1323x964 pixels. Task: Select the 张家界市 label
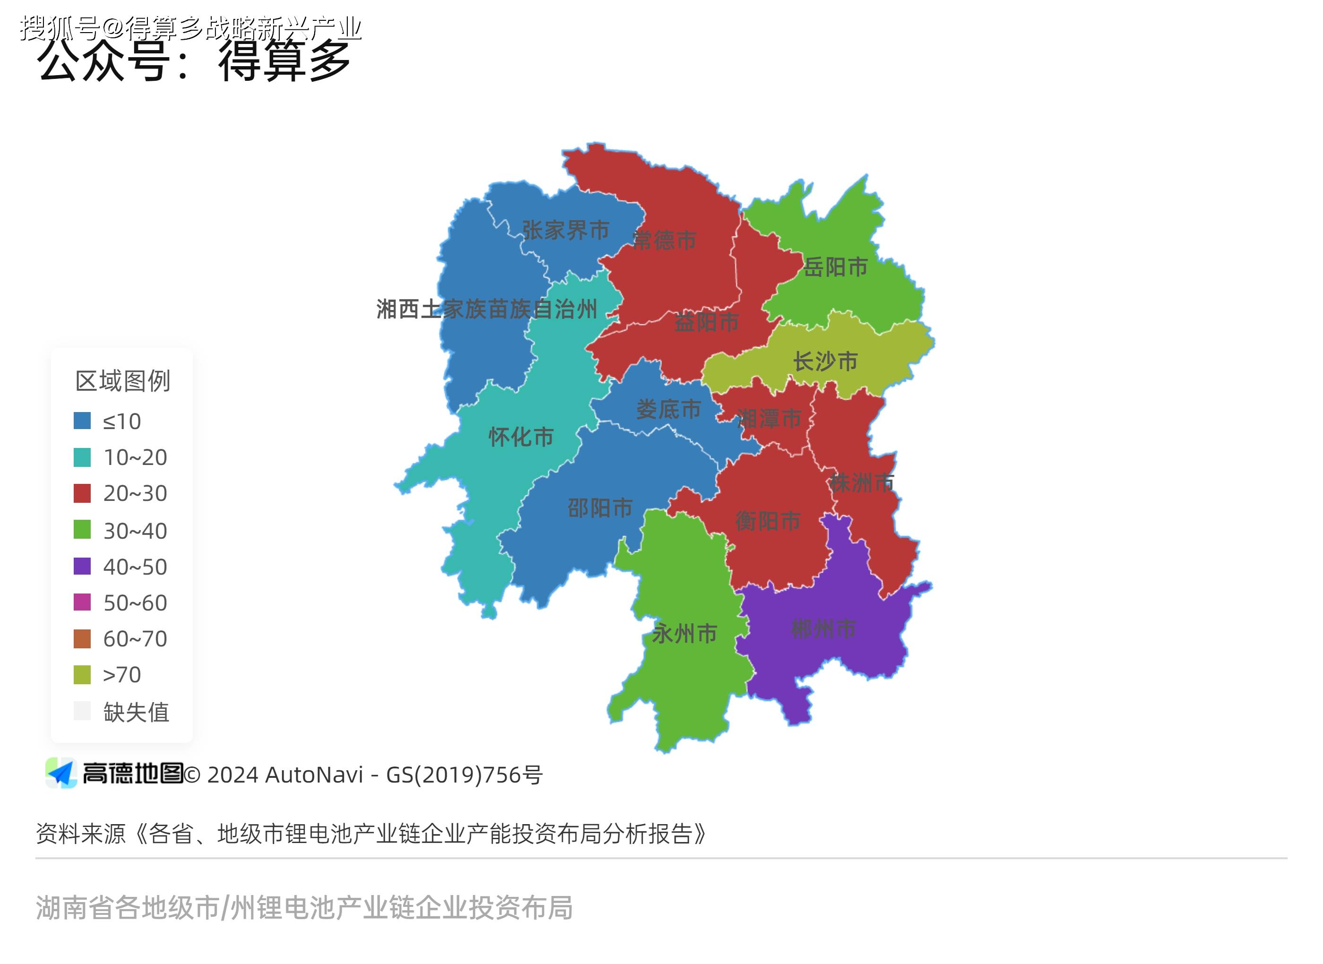(565, 230)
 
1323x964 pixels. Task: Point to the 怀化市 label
(521, 437)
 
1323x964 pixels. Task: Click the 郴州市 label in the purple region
(823, 628)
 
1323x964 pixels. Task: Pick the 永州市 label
(684, 633)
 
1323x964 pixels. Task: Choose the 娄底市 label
(669, 409)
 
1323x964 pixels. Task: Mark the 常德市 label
(664, 240)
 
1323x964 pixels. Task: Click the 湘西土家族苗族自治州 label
(487, 309)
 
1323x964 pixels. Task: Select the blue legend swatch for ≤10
(82, 421)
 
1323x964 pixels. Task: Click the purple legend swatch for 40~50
(82, 566)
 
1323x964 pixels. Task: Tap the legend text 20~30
(135, 494)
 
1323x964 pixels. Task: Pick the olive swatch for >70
(82, 675)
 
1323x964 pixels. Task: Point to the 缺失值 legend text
(137, 712)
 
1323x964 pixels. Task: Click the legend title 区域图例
(122, 381)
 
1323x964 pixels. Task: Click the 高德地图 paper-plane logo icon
(61, 773)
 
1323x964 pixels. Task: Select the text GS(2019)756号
(464, 775)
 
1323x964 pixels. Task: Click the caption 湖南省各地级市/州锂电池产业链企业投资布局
(304, 907)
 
